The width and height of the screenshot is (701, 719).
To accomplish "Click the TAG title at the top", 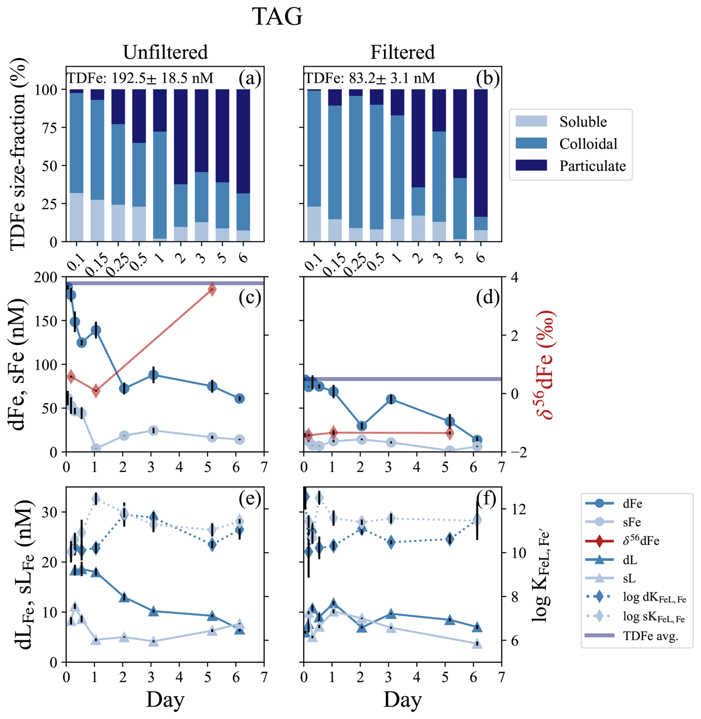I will (277, 17).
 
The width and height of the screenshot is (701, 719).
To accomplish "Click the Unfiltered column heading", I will (165, 52).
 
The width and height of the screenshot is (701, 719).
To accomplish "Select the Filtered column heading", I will (402, 52).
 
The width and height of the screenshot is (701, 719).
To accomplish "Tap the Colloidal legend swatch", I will (531, 143).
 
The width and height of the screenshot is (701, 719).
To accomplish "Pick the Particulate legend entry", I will (592, 166).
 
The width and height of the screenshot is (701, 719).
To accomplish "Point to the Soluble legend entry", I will (583, 122).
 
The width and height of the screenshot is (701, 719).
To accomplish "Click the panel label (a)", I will (250, 79).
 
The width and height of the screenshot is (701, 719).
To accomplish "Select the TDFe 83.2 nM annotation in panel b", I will (370, 78).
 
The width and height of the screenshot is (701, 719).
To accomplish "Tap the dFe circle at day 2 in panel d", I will (362, 426).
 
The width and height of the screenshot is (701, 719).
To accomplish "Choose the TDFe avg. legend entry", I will (650, 636).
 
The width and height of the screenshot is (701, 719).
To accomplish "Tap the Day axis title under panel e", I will (165, 700).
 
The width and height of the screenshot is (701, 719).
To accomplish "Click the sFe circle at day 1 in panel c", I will (96, 448).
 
